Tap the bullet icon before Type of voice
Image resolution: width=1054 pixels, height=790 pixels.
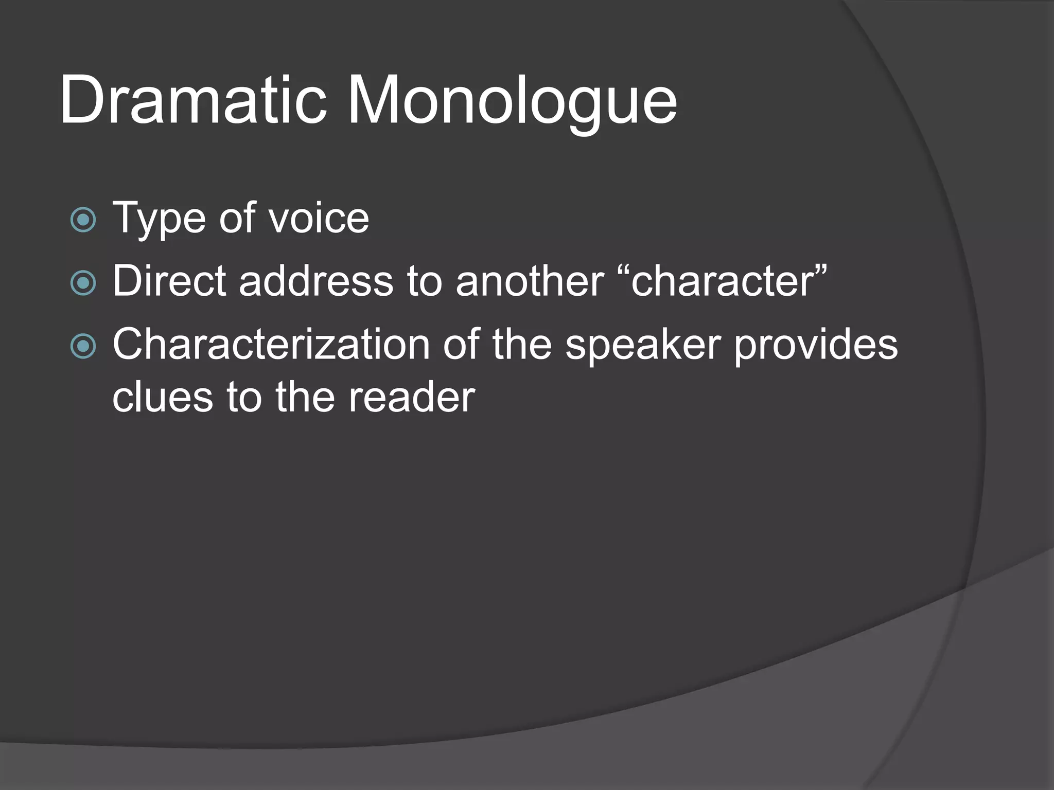(x=83, y=220)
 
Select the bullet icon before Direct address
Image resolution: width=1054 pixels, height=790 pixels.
(x=83, y=283)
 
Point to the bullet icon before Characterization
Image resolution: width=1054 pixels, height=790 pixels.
(x=83, y=346)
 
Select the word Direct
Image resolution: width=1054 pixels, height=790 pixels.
(x=169, y=281)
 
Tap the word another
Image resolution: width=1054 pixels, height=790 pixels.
(x=530, y=281)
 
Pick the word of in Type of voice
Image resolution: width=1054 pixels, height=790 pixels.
(x=237, y=218)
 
